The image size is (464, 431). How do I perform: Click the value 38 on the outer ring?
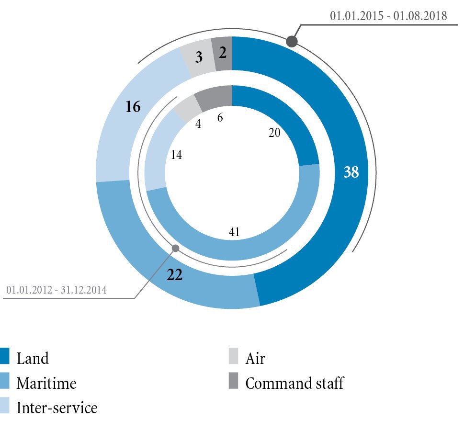(x=351, y=172)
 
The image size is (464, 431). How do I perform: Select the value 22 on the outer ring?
(x=175, y=275)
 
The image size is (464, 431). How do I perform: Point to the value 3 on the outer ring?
(x=199, y=57)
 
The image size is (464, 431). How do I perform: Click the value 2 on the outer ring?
(x=223, y=53)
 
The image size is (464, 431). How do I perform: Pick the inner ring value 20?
(x=274, y=133)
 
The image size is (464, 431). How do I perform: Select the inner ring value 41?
(x=234, y=232)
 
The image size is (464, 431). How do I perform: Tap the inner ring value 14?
(x=176, y=155)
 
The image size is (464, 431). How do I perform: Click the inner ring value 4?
(x=198, y=123)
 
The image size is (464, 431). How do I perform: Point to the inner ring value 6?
(x=220, y=117)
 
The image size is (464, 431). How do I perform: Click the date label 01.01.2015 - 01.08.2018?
(x=388, y=16)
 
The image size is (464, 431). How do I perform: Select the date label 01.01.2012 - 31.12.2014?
(x=57, y=290)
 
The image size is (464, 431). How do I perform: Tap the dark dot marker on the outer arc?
(x=292, y=42)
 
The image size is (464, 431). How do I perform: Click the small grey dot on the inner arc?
(x=176, y=248)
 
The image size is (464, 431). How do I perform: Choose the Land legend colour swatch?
(x=5, y=357)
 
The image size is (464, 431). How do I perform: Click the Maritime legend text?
(x=46, y=383)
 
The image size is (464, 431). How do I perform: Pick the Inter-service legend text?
(x=57, y=408)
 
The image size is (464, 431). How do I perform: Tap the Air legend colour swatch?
(x=233, y=357)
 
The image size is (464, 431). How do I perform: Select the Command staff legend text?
(x=294, y=383)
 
